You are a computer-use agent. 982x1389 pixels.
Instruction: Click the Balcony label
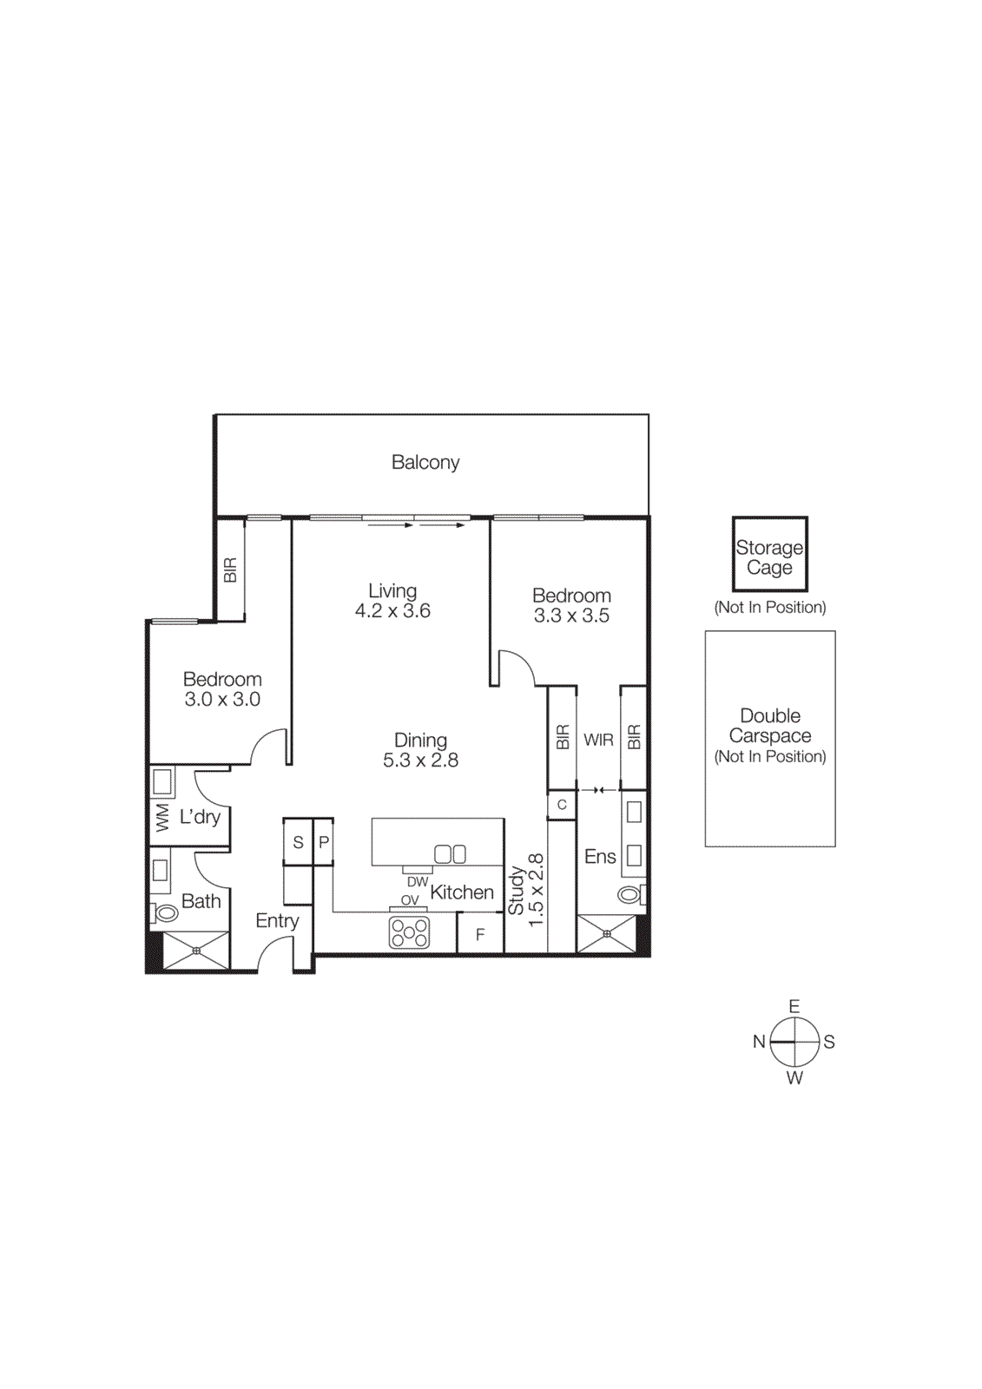coord(425,463)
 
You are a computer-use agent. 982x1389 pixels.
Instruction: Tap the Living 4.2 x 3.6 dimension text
coord(392,611)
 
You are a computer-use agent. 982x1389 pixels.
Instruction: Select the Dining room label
coord(420,741)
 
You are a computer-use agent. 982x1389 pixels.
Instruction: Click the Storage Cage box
coord(769,555)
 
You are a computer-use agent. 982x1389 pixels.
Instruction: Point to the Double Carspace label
coord(770,726)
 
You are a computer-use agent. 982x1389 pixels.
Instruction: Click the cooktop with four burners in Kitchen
coord(409,932)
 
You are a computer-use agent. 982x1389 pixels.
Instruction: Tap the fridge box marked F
coord(480,935)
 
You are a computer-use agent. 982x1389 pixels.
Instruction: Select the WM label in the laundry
coord(162,818)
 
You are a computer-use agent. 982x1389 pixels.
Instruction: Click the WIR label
coord(598,741)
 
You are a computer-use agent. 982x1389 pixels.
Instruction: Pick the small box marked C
coord(562,805)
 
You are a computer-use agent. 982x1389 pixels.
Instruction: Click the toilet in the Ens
coord(629,894)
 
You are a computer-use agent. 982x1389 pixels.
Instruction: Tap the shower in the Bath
coord(196,951)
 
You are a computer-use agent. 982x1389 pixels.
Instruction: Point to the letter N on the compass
coord(759,1042)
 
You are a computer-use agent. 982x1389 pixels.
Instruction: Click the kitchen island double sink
coord(450,854)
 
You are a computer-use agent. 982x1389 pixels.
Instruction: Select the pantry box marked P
coord(324,842)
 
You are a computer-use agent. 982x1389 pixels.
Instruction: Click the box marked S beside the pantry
coord(298,842)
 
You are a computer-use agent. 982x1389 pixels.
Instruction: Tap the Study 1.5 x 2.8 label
coord(525,890)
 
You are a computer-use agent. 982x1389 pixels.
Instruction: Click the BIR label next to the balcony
coord(230,570)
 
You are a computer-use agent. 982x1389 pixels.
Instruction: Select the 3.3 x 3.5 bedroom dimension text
coord(571,616)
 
